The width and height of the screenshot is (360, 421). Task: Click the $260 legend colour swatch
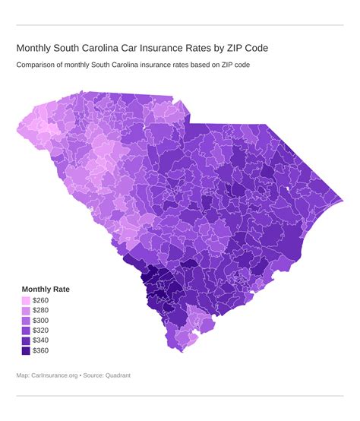(x=26, y=301)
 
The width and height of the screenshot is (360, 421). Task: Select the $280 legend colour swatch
(x=26, y=311)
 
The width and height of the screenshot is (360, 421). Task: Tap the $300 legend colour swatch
(x=26, y=321)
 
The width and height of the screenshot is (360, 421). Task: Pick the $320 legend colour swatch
(x=26, y=331)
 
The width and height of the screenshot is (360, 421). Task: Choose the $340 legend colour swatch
(x=26, y=340)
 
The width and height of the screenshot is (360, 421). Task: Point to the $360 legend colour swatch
(x=26, y=350)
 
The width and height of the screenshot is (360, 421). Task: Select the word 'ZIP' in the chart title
(x=242, y=48)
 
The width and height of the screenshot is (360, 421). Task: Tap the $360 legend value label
(x=42, y=350)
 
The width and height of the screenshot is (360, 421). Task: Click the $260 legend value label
(x=42, y=301)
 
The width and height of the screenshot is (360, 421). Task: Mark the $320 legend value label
(x=42, y=331)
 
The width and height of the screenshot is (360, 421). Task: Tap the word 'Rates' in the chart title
(x=210, y=48)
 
